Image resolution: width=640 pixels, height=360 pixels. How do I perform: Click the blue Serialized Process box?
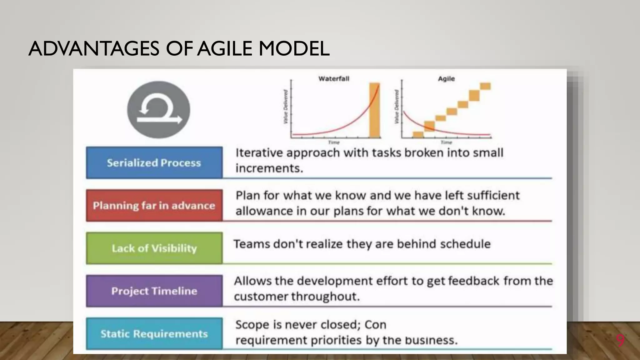tap(154, 162)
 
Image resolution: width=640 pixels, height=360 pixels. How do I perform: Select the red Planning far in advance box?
tap(154, 205)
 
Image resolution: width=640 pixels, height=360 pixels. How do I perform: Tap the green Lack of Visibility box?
tap(154, 248)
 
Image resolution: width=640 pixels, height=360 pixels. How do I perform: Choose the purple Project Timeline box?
tap(154, 291)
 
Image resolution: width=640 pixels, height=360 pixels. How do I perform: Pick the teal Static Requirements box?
tap(154, 334)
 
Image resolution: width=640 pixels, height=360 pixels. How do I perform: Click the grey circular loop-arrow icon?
tap(158, 110)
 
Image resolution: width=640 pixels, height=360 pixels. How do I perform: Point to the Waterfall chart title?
tap(333, 79)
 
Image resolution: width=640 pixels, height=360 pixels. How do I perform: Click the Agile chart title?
tap(446, 79)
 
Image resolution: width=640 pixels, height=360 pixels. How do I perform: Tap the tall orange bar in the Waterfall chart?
tap(374, 110)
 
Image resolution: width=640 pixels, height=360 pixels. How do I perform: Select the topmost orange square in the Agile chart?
tap(485, 86)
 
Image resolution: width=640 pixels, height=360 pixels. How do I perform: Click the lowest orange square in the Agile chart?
tap(418, 135)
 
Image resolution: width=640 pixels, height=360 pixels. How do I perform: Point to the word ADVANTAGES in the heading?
tap(94, 49)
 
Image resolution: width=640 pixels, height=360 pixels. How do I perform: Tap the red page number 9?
tap(620, 340)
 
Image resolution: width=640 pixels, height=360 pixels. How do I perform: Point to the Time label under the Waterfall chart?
tap(333, 142)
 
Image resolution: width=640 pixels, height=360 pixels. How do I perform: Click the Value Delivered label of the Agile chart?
tap(397, 106)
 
